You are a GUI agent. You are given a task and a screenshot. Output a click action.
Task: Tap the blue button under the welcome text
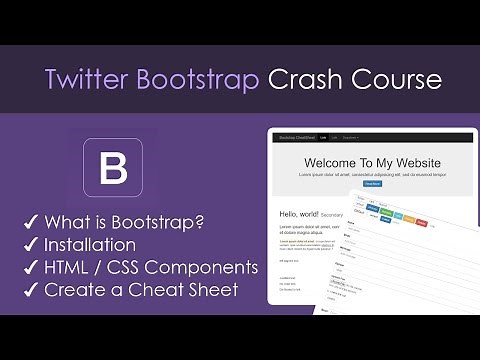(x=372, y=184)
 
